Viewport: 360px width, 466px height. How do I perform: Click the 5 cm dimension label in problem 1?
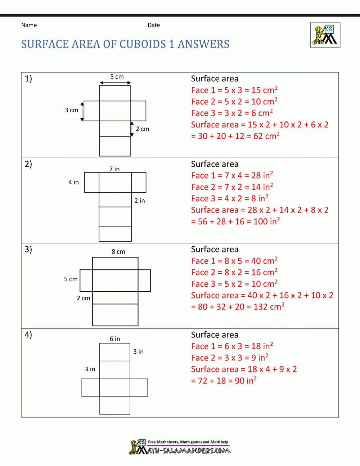coord(117,77)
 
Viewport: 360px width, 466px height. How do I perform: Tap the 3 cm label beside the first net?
coord(71,110)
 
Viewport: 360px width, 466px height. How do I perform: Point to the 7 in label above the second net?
coord(114,169)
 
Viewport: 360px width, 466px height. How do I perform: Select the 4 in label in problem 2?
coord(73,182)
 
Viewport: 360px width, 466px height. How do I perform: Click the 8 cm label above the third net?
coord(118,252)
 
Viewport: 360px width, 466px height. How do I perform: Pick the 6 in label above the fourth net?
coord(115,339)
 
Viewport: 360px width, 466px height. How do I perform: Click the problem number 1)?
coord(28,79)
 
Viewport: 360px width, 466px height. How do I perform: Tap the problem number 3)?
coord(28,249)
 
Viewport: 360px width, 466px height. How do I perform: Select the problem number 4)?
coord(28,335)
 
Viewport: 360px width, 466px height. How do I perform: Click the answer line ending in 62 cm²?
coord(235,136)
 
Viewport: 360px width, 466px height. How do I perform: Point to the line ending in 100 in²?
coord(235,221)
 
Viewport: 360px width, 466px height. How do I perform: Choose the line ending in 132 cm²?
coord(238,307)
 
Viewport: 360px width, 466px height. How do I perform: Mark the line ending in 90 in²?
coord(224,381)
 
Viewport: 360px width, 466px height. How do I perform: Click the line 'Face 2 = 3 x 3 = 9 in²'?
coord(230,358)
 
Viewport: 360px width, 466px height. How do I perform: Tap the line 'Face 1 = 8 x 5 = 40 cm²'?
coord(234,261)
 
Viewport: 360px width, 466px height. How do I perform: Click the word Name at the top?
coord(29,25)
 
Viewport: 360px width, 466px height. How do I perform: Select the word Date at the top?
coord(154,25)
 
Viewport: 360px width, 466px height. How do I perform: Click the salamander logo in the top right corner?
coord(325,35)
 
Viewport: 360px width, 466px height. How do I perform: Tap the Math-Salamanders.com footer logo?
coord(180,447)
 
